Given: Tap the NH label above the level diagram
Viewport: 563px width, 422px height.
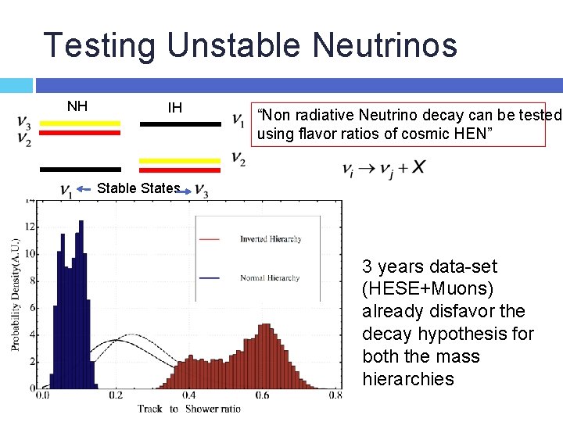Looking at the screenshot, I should point(77,105).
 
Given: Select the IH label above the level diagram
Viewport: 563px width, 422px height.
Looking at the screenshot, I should point(175,107).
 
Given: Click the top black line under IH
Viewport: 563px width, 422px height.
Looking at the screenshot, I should point(181,123).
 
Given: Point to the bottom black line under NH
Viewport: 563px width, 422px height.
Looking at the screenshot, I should point(81,169).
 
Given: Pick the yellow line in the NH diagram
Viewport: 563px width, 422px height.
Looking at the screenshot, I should point(81,123).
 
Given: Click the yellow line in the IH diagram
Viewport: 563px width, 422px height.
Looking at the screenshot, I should point(181,161).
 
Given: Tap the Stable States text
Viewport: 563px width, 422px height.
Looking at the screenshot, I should point(138,188).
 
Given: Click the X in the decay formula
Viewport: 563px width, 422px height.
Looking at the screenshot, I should point(419,167).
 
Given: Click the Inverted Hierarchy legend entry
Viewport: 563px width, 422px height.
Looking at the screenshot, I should point(271,239).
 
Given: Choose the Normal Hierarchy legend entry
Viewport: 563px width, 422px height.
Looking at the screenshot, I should point(270,278).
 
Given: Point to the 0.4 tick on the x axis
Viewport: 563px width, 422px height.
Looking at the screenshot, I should point(188,396).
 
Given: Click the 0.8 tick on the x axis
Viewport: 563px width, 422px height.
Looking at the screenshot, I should point(335,396).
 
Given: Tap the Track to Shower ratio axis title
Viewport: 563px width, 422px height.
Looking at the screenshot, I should point(188,409).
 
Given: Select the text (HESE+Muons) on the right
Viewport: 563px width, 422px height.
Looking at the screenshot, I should point(428,289).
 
